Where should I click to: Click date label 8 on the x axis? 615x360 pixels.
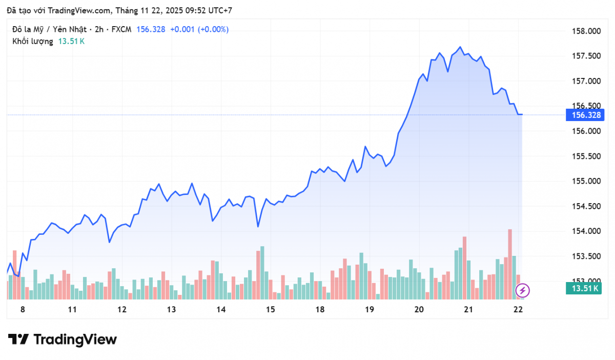tap(22, 309)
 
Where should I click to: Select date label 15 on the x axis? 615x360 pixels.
tap(270, 309)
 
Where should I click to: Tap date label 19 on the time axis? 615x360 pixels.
tap(369, 309)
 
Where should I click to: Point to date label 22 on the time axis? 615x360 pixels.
tap(518, 309)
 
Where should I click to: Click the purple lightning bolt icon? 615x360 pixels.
tap(522, 291)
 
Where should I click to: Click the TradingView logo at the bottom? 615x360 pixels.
tap(63, 339)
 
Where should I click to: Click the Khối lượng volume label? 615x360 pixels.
tap(32, 41)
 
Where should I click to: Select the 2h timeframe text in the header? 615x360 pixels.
tap(99, 29)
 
